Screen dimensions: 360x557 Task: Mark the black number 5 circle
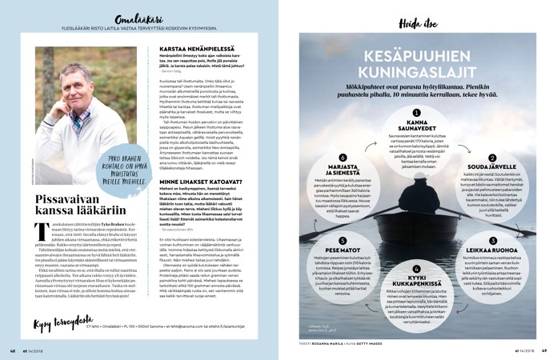tap(342, 241)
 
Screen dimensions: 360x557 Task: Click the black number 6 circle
tap(342, 158)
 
